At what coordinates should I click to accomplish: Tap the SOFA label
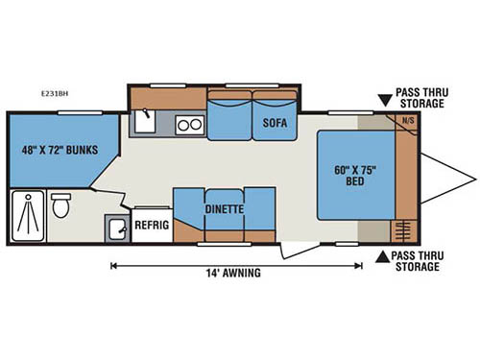click(x=269, y=122)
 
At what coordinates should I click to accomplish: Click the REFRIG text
click(x=151, y=227)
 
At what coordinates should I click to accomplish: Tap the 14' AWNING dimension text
click(x=234, y=272)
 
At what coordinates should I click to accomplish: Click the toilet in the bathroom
click(x=61, y=204)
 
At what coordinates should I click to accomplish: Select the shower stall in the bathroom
click(x=29, y=216)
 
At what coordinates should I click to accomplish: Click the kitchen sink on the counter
click(x=146, y=121)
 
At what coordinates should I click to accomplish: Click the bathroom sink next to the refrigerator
click(x=117, y=228)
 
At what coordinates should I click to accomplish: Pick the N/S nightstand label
click(x=407, y=121)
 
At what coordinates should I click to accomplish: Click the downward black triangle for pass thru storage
click(x=384, y=99)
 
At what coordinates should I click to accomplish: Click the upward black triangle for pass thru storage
click(x=384, y=255)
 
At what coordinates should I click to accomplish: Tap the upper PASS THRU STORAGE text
click(x=420, y=99)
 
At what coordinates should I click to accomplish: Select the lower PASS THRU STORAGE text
click(x=420, y=261)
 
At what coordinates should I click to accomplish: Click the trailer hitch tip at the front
click(x=473, y=177)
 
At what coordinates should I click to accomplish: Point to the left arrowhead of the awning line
click(x=114, y=264)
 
